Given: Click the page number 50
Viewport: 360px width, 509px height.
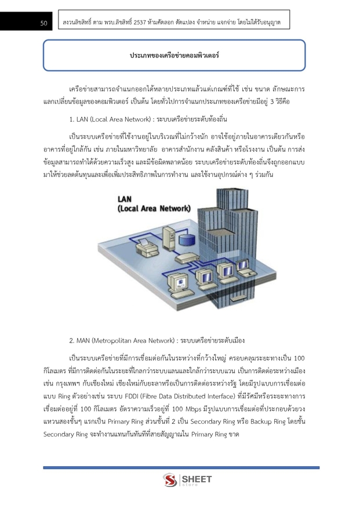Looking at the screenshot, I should [x=43, y=23].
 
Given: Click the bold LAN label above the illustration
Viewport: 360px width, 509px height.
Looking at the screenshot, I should [x=125, y=199].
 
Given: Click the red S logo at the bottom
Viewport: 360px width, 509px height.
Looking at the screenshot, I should [x=170, y=480].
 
